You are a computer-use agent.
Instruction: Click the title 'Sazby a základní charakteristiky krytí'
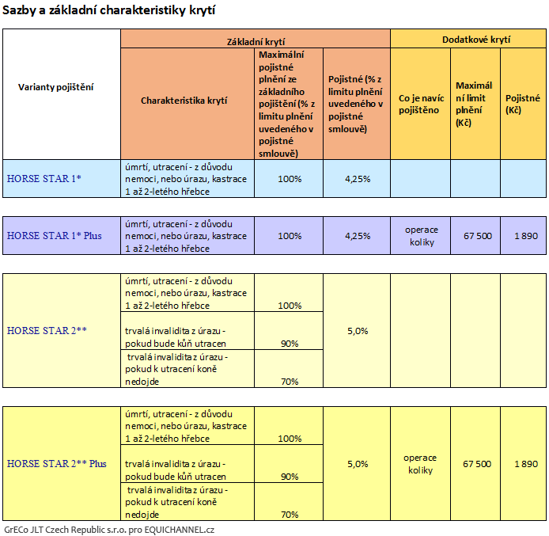[109, 10]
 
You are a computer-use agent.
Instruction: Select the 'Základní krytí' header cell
[256, 40]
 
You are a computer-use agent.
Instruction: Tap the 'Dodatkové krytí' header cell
[468, 38]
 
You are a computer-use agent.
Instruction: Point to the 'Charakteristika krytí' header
[184, 101]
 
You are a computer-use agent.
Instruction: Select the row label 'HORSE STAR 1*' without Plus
[44, 179]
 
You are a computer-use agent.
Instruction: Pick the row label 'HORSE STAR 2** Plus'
[57, 463]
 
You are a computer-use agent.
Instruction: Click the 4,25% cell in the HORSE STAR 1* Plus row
[358, 236]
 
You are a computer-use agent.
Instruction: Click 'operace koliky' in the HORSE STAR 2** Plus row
[420, 464]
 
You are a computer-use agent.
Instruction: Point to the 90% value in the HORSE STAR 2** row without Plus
[290, 344]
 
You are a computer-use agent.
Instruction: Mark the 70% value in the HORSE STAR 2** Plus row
[290, 515]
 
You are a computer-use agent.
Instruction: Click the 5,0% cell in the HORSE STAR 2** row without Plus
[358, 331]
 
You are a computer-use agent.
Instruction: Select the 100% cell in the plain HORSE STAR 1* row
[290, 179]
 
